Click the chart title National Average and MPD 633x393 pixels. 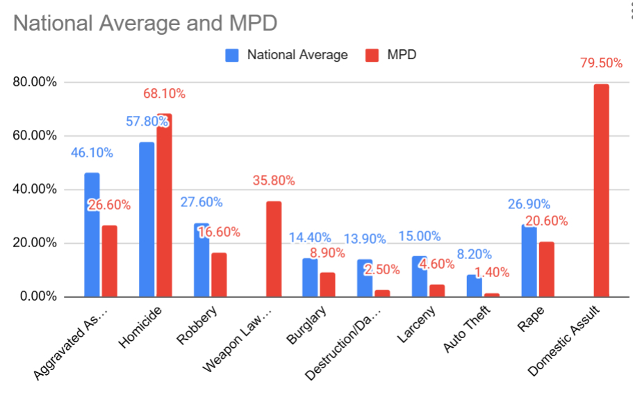tap(145, 22)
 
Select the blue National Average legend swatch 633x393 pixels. tap(232, 55)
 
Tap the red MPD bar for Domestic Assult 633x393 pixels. tap(601, 191)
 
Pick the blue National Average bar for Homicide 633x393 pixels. tap(147, 219)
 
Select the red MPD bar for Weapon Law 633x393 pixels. tap(274, 249)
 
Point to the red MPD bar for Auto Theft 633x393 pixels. tap(492, 295)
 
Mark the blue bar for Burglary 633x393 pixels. tap(310, 278)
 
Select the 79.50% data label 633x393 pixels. tap(601, 63)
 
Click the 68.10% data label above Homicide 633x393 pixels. tap(165, 93)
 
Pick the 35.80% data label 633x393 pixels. tap(274, 181)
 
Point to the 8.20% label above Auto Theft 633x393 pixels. tap(475, 254)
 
